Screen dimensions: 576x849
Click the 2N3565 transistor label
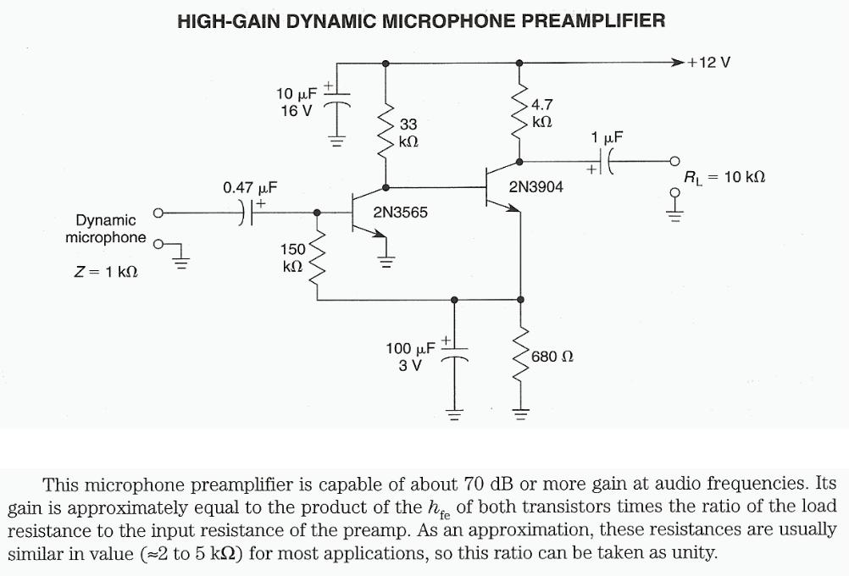point(401,212)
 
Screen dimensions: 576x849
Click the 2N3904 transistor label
point(535,186)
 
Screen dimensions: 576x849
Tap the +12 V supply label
point(709,63)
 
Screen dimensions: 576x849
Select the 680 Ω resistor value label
point(552,357)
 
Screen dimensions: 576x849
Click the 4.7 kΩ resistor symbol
point(519,112)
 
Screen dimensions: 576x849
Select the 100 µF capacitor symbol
point(455,357)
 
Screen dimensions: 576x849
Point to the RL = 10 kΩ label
point(724,177)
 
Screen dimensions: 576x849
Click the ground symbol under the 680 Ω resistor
point(519,414)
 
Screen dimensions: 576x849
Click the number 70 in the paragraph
point(472,485)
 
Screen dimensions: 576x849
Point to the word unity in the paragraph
point(693,554)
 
